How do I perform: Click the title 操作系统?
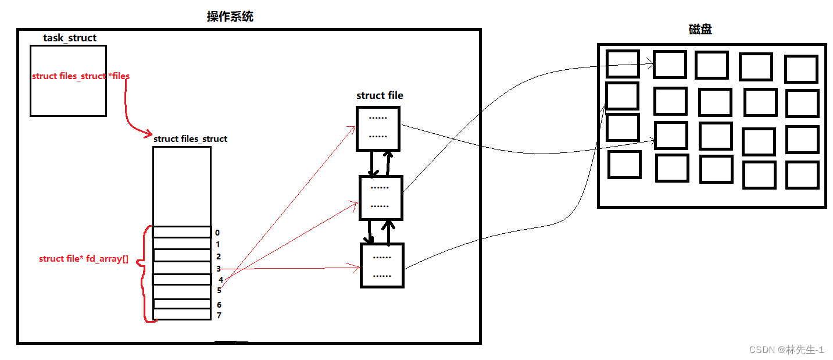[x=230, y=17]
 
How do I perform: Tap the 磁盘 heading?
[x=698, y=29]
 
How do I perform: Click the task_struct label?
[x=70, y=38]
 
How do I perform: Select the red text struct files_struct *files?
[x=81, y=76]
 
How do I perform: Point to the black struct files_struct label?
[x=190, y=139]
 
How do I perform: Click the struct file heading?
[x=380, y=95]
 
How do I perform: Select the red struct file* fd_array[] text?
[x=84, y=258]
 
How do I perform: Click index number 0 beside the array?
[x=217, y=233]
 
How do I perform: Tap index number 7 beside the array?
[x=219, y=315]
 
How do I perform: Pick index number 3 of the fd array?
[x=219, y=269]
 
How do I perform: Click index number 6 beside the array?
[x=219, y=305]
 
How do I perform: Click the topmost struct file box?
[x=378, y=129]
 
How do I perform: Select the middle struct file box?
[x=381, y=197]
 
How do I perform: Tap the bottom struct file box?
[x=381, y=265]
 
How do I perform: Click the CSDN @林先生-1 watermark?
[x=786, y=350]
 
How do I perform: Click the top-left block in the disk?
[x=623, y=64]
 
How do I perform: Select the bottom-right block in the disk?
[x=802, y=174]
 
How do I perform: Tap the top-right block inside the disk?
[x=801, y=69]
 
